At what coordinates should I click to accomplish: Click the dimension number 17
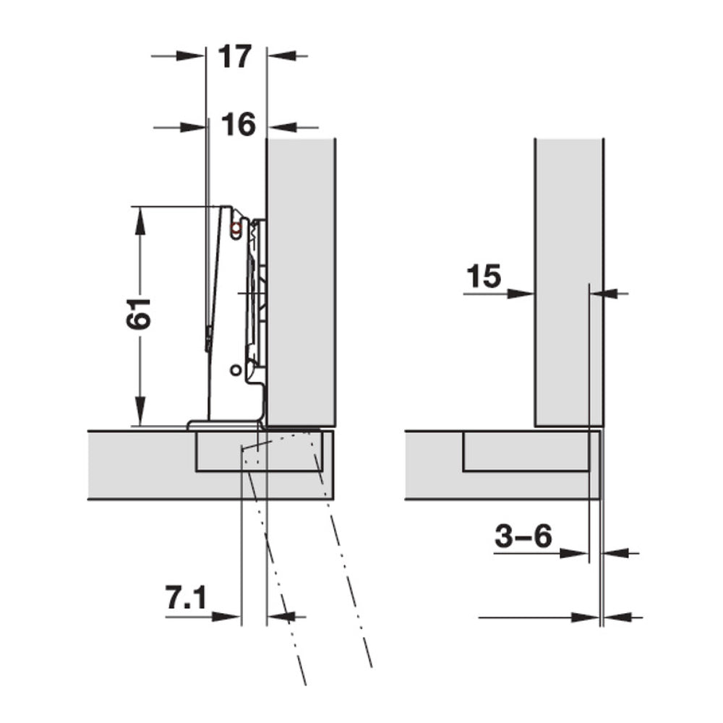pos(236,56)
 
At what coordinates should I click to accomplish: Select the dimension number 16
pos(238,125)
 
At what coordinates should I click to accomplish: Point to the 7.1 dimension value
pos(187,599)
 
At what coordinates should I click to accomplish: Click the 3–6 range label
pos(523,536)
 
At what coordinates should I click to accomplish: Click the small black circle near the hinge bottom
pos(234,369)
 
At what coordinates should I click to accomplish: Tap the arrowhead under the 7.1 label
pos(226,617)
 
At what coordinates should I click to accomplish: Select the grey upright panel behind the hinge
pos(301,282)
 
